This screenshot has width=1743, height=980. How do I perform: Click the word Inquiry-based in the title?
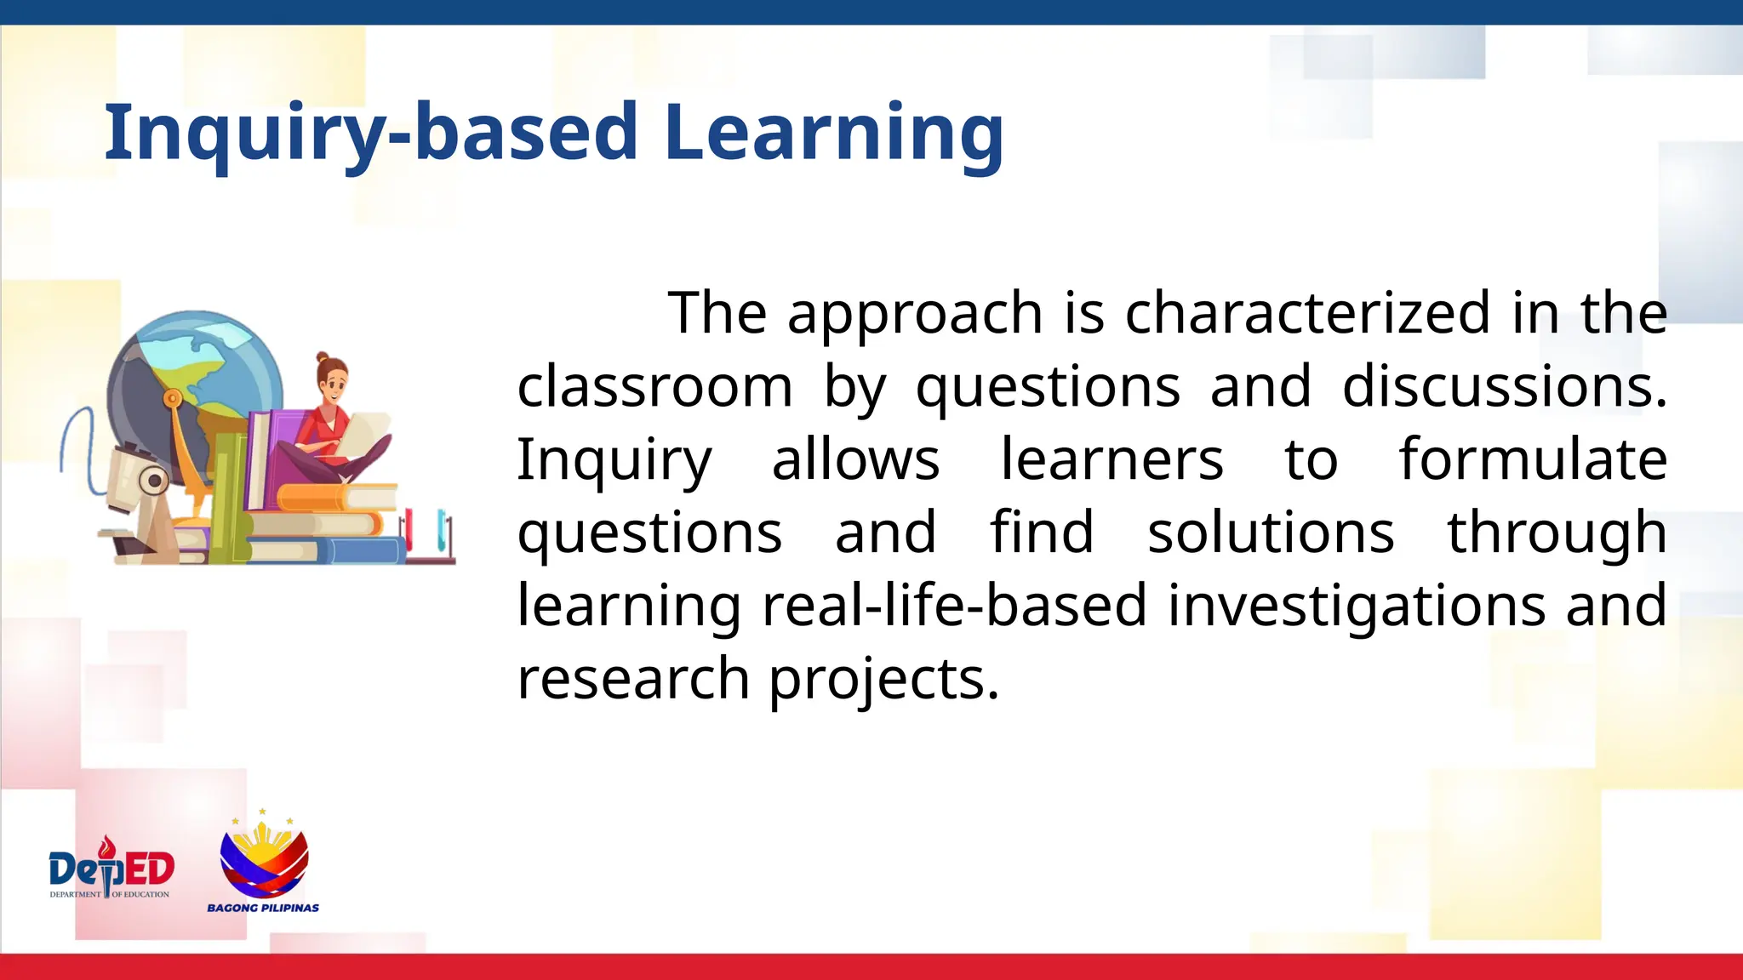(370, 132)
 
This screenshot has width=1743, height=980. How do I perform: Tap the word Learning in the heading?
(833, 132)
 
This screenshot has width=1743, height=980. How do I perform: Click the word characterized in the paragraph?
(1307, 313)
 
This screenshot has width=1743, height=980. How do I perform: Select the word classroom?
(654, 387)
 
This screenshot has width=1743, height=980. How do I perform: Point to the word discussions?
(1503, 387)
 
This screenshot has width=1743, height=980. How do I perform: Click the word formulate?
(1532, 459)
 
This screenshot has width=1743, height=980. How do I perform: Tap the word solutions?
(1270, 533)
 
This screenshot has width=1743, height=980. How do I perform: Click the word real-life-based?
(954, 606)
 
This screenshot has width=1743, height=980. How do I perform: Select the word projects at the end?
(883, 680)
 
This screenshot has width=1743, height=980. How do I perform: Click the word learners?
(1111, 459)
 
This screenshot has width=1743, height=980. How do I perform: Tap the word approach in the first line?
(914, 313)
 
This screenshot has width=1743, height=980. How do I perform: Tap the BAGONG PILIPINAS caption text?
(263, 908)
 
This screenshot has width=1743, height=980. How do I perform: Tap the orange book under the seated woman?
(336, 497)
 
